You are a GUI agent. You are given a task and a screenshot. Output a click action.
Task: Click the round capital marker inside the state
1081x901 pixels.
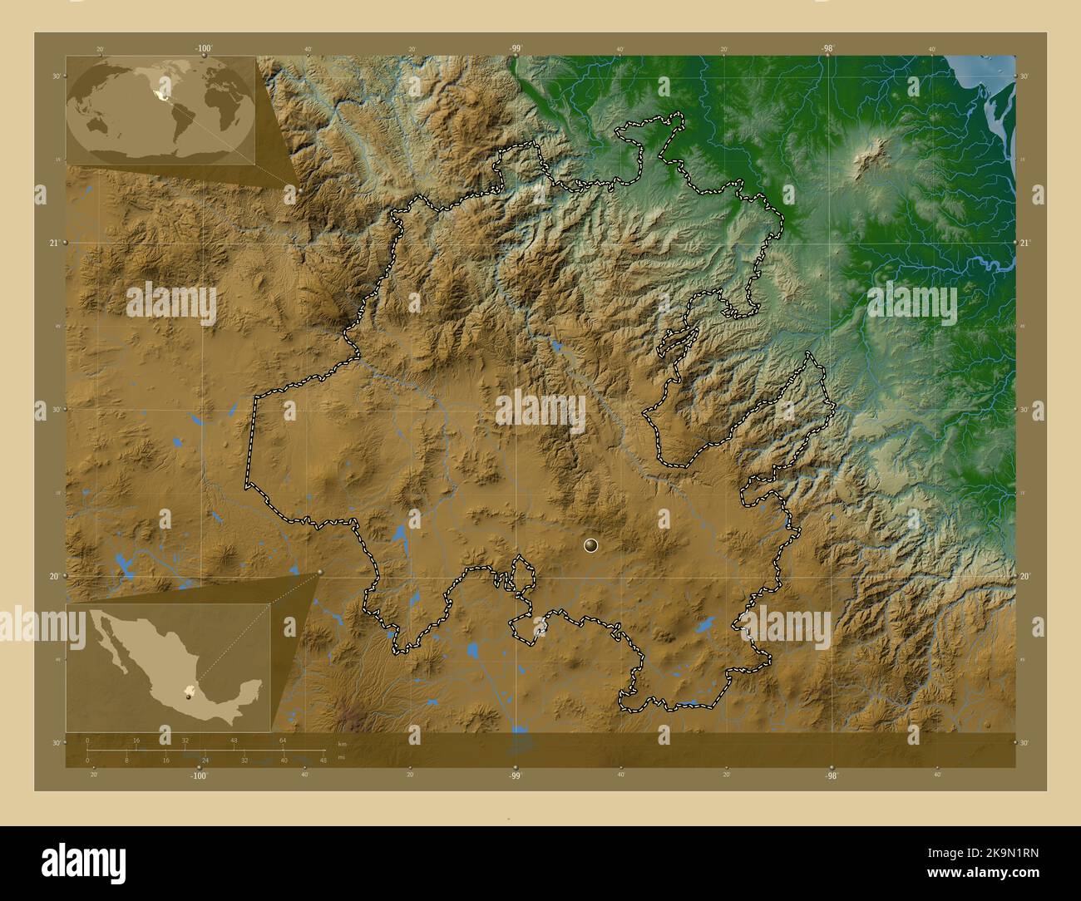pyautogui.click(x=591, y=545)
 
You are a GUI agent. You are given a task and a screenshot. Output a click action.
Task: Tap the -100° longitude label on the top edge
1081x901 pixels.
pyautogui.click(x=203, y=49)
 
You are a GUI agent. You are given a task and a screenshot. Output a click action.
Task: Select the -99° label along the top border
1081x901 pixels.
pyautogui.click(x=516, y=49)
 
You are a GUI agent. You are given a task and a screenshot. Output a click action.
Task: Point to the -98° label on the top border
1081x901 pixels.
pyautogui.click(x=827, y=49)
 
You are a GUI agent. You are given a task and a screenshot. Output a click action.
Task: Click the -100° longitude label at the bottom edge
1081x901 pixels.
pyautogui.click(x=198, y=775)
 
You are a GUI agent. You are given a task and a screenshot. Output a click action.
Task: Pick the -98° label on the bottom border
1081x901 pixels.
pyautogui.click(x=831, y=775)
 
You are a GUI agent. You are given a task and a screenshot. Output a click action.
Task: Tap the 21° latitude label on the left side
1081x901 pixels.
pyautogui.click(x=53, y=243)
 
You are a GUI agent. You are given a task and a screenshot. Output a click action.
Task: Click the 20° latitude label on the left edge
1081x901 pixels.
pyautogui.click(x=53, y=576)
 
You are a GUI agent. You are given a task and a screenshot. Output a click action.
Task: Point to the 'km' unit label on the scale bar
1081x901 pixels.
pyautogui.click(x=342, y=743)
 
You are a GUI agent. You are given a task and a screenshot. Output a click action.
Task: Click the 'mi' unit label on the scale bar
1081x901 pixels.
pyautogui.click(x=342, y=756)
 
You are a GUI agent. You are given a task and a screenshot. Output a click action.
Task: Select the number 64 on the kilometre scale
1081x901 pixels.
pyautogui.click(x=283, y=740)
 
